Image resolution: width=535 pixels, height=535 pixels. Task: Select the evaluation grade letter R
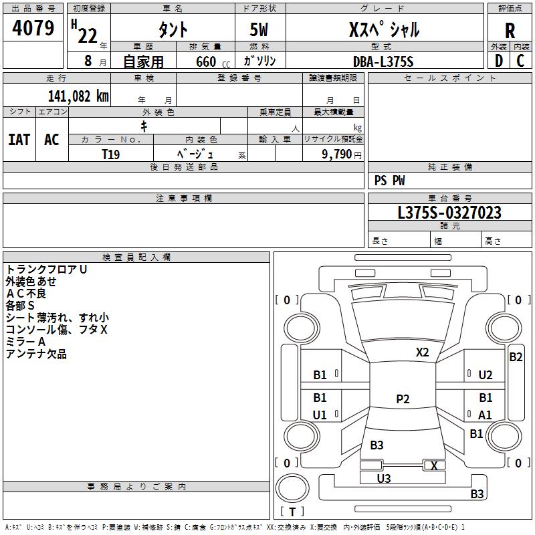[510, 31]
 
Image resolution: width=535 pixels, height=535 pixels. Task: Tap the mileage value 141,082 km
[78, 96]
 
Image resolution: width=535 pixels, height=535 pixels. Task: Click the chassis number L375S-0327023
[449, 213]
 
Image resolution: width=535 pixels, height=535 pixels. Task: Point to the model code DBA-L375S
[383, 62]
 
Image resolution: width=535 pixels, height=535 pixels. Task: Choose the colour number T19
[111, 154]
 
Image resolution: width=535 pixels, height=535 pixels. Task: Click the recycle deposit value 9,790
[333, 154]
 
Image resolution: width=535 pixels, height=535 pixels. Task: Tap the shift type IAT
[19, 140]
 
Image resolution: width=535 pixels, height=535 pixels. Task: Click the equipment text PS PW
[390, 181]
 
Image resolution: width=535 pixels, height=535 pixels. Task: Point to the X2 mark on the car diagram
[422, 352]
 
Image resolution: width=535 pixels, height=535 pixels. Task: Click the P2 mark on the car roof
[403, 399]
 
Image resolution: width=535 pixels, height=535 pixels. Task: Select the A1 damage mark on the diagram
[485, 415]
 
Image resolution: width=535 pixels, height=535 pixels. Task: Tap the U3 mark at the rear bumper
[384, 478]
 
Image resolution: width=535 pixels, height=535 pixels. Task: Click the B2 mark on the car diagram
[516, 357]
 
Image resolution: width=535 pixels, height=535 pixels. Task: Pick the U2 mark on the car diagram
[486, 375]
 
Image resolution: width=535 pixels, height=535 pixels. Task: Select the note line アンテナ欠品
[36, 354]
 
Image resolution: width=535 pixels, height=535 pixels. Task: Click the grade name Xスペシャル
[385, 29]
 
